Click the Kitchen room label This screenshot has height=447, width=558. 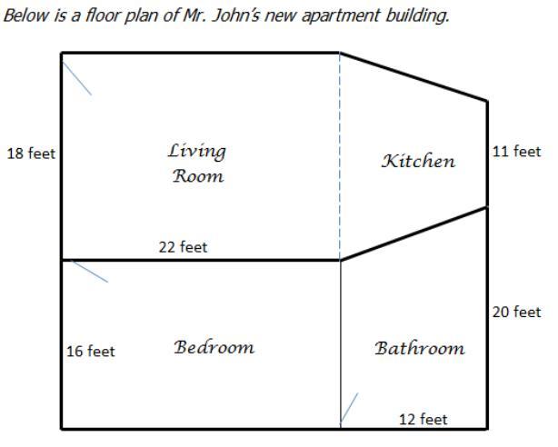click(x=418, y=161)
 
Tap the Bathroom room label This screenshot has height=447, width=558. click(x=420, y=348)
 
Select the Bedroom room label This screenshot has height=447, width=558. click(x=214, y=347)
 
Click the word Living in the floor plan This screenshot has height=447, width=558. click(x=197, y=152)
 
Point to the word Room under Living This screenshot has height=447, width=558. click(x=198, y=176)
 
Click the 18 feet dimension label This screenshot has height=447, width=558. click(x=31, y=154)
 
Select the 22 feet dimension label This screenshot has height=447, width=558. click(x=183, y=247)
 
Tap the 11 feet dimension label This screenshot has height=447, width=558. click(x=516, y=152)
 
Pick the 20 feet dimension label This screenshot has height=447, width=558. click(x=516, y=313)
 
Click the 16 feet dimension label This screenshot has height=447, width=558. click(x=91, y=352)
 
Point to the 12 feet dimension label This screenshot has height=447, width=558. click(x=423, y=420)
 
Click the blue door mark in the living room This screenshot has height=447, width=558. click(x=77, y=78)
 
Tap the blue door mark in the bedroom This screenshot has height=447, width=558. click(x=90, y=272)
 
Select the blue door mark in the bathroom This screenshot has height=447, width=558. click(x=350, y=408)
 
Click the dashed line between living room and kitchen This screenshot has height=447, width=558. click(x=340, y=156)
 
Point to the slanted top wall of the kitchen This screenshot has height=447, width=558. click(x=414, y=77)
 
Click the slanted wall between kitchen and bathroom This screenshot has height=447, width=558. click(x=414, y=233)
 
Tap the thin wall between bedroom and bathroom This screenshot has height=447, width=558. click(x=341, y=344)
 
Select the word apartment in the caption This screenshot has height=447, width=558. click(x=341, y=16)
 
